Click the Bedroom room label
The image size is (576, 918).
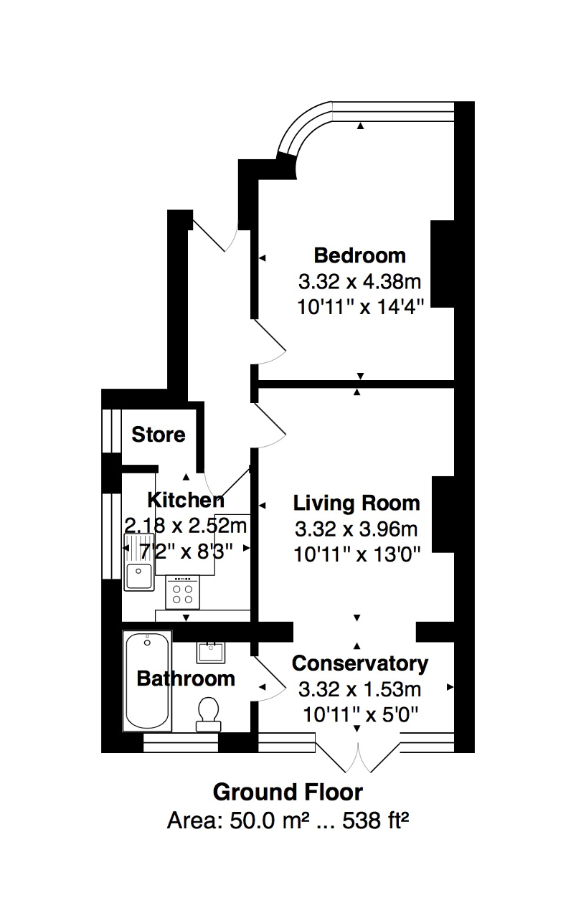click(359, 255)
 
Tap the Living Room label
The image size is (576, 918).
click(357, 503)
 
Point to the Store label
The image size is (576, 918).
click(159, 435)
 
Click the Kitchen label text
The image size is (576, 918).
click(186, 500)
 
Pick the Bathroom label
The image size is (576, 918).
click(186, 678)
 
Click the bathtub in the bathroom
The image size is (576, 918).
click(148, 681)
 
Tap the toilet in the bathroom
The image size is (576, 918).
click(209, 714)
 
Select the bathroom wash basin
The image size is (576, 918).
click(211, 653)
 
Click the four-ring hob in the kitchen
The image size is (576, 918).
click(182, 592)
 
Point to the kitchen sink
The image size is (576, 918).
click(139, 562)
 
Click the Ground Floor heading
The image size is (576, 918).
click(288, 792)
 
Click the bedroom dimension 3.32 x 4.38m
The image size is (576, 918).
click(359, 282)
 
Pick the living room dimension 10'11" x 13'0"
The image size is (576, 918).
click(357, 555)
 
